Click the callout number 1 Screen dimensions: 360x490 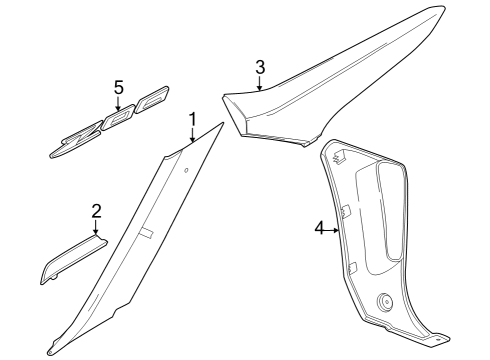[192, 123]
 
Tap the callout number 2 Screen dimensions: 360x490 [96, 211]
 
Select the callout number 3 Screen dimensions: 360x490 [260, 67]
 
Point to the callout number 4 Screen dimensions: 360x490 [320, 229]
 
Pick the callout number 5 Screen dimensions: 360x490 [118, 88]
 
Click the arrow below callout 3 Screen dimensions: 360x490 [260, 85]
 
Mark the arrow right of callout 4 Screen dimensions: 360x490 [335, 229]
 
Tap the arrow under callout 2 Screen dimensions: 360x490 [97, 229]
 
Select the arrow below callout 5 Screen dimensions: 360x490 [118, 106]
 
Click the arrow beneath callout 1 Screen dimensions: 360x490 [192, 141]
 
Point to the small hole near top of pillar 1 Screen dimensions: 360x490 [186, 169]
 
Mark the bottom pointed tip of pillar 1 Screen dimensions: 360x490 [49, 351]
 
